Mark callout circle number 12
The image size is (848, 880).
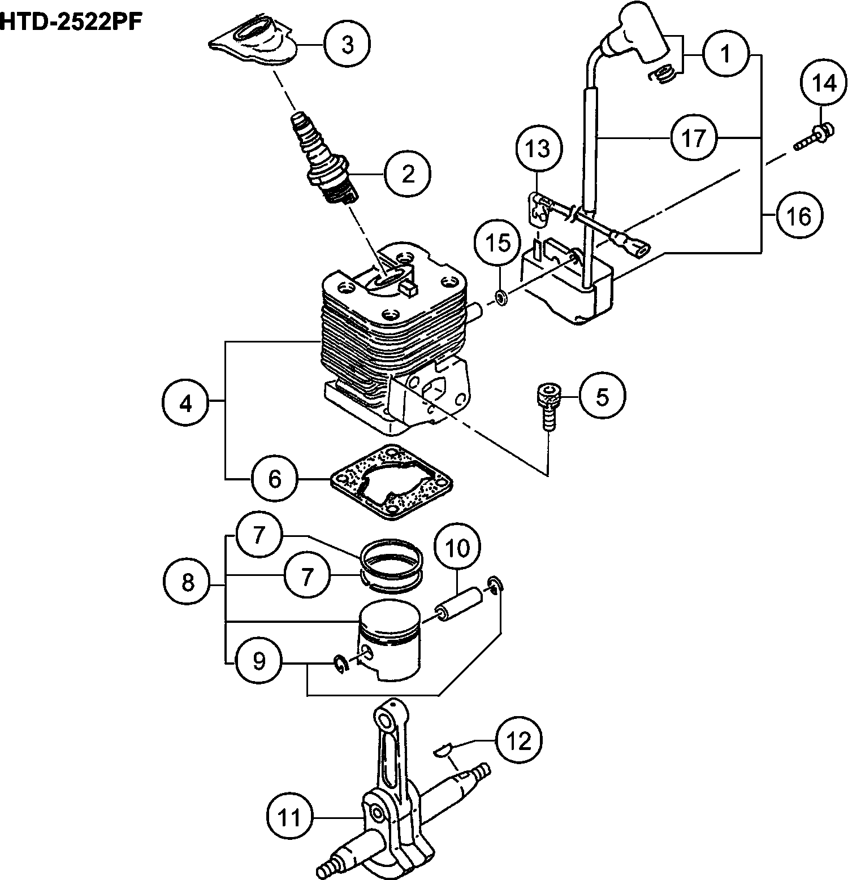pos(519,740)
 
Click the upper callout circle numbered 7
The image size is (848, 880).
pos(259,535)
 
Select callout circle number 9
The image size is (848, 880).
pos(259,661)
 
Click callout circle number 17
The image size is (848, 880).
pos(694,137)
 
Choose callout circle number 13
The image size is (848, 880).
pos(539,149)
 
